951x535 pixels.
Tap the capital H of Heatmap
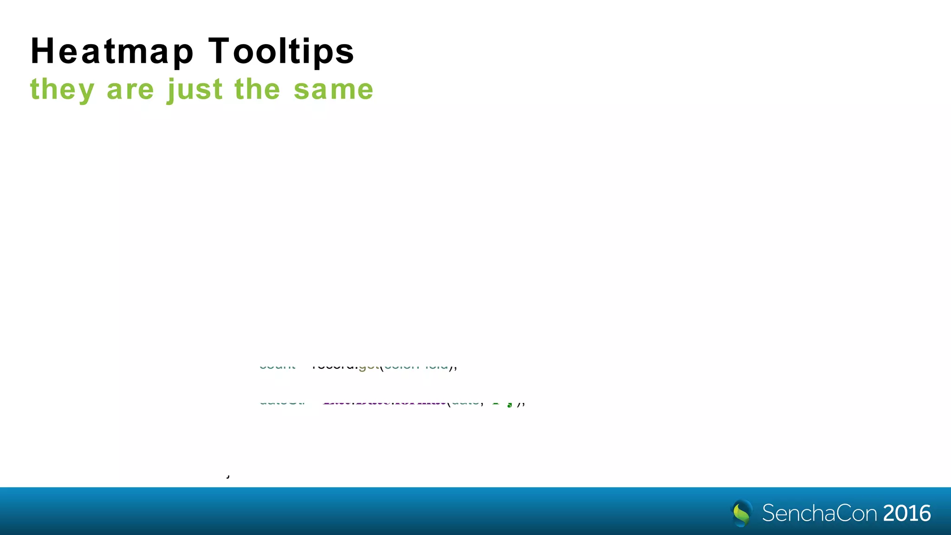[x=40, y=51]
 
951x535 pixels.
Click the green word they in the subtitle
[x=62, y=90]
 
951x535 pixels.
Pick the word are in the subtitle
[x=130, y=89]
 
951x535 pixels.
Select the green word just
[x=195, y=89]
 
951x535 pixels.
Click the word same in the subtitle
[x=333, y=89]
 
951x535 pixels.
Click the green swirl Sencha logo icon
[x=742, y=513]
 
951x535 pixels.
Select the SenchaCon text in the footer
[x=820, y=513]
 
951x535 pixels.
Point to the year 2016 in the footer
[x=907, y=513]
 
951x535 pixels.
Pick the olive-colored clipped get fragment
[x=369, y=367]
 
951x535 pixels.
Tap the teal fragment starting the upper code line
[x=277, y=367]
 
